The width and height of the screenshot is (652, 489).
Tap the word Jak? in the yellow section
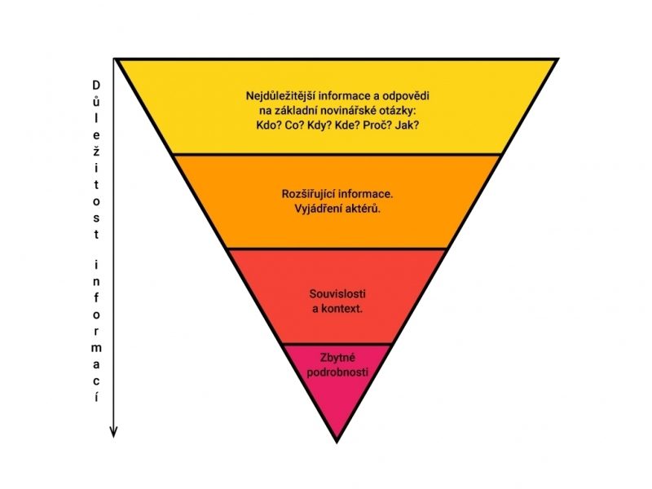tap(405, 126)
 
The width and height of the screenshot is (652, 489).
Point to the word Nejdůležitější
tap(279, 95)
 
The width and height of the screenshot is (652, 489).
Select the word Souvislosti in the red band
tap(337, 293)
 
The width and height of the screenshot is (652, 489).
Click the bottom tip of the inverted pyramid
tap(337, 441)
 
